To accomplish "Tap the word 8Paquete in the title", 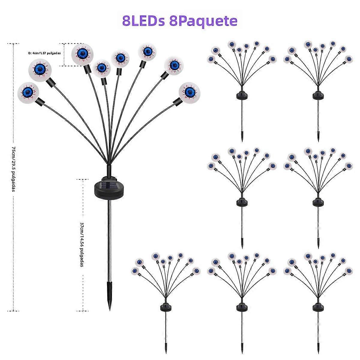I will coord(203,21).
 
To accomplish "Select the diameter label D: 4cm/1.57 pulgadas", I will coord(45,53).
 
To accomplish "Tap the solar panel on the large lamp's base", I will coord(109,186).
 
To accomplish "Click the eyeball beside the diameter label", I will coord(81,54).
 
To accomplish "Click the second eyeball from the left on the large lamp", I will coord(40,69).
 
